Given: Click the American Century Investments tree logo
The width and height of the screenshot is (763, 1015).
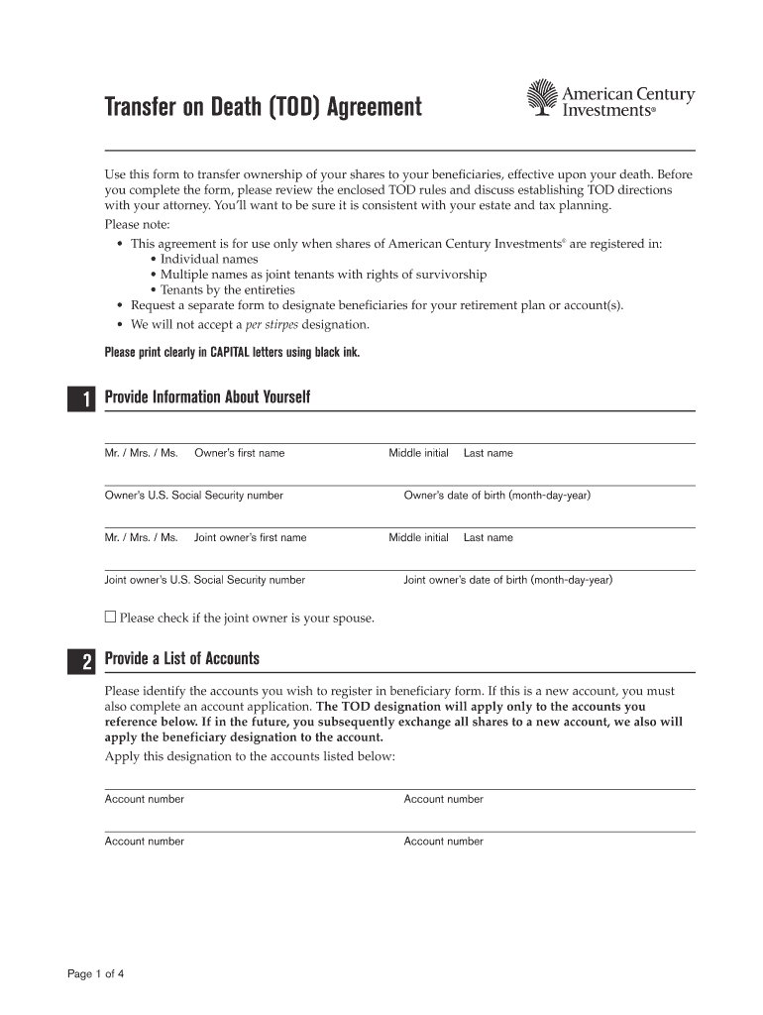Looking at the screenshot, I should [x=542, y=98].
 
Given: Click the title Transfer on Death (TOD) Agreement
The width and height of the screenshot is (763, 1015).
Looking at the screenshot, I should [x=264, y=106].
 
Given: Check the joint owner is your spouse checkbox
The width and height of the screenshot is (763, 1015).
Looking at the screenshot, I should [x=110, y=617].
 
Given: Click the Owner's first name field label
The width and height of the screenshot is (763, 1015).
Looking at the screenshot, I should [x=239, y=453].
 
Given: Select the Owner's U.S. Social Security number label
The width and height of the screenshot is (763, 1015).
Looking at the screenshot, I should [x=194, y=496].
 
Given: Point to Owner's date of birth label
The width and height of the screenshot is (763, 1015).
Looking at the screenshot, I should [x=496, y=496].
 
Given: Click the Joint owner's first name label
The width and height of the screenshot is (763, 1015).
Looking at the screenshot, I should [x=250, y=538].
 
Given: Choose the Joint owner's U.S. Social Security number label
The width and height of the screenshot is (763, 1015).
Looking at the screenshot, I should [x=205, y=580].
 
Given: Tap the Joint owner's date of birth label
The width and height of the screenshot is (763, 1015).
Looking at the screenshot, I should [x=507, y=580].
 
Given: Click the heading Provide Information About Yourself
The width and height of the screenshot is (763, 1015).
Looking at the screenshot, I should [x=214, y=397].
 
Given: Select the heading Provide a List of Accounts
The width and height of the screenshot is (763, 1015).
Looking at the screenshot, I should [x=188, y=659].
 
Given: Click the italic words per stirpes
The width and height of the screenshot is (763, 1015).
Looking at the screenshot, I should [x=272, y=324].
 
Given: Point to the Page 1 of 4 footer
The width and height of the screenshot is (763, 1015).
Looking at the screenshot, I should [x=96, y=973].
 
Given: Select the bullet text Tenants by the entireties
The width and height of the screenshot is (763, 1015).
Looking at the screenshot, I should [x=228, y=290].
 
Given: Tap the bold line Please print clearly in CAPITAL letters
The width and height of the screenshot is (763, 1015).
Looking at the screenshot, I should [x=232, y=352].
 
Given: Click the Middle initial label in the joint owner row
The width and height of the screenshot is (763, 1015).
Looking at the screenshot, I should [x=418, y=538].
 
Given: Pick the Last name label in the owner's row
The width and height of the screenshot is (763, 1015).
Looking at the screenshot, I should [x=489, y=453].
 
